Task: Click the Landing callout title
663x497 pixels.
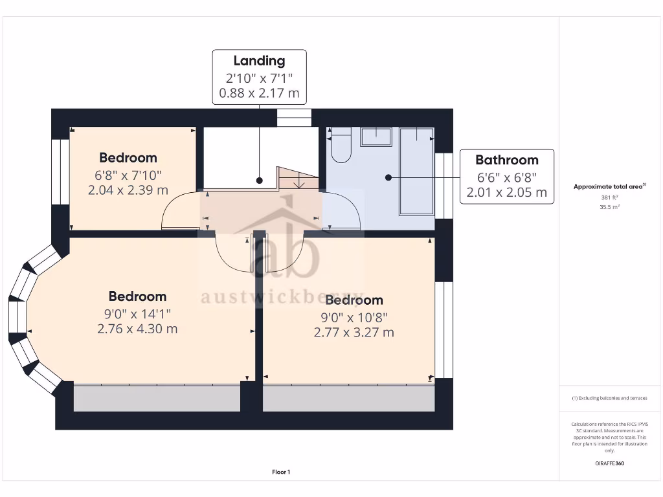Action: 259,61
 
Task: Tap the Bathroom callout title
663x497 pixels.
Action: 506,160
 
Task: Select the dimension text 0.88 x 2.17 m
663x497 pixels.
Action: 259,93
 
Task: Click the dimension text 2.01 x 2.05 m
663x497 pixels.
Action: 506,192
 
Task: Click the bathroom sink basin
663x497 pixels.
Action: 376,137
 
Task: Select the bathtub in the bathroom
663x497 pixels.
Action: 416,171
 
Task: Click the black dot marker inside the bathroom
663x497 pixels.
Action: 388,177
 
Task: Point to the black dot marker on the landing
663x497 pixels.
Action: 259,181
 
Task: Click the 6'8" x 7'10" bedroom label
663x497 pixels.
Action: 128,175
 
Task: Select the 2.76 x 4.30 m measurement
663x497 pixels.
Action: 137,329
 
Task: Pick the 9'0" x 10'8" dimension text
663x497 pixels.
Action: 354,318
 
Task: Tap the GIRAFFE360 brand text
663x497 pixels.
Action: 609,463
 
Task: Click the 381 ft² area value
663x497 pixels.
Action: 609,198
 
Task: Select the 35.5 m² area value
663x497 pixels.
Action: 609,207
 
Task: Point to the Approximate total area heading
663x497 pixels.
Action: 609,186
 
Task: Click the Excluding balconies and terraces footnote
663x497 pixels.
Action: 609,398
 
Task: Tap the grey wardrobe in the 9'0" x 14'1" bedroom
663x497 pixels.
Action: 157,397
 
